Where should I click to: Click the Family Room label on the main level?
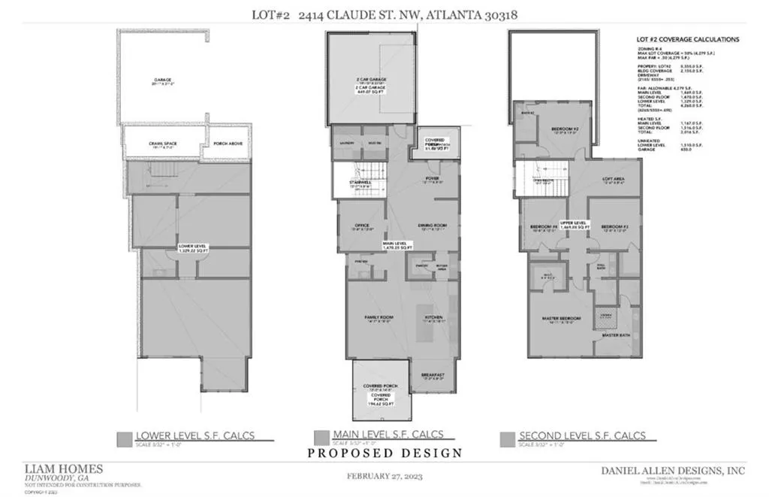point(379,317)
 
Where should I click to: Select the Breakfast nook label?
point(433,374)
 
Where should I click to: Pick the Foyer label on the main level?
point(432,178)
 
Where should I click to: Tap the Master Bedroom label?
point(562,318)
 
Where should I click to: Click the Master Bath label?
point(617,335)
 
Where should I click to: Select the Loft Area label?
point(614,179)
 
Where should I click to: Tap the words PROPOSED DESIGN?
point(384,453)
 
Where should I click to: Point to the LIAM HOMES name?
point(63,469)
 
